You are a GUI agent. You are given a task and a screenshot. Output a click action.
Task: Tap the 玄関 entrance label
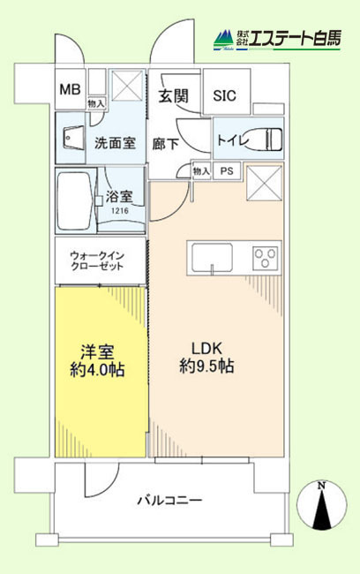[173, 96]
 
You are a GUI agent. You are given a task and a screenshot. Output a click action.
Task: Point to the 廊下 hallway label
[166, 144]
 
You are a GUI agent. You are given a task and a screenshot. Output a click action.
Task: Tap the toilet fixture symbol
[265, 139]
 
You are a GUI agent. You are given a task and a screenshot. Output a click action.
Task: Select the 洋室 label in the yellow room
[97, 351]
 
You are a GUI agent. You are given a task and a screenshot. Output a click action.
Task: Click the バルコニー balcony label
[169, 501]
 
